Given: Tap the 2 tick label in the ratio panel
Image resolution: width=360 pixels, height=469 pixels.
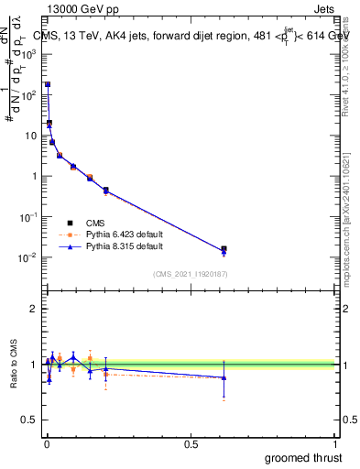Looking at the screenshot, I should pos(33,309).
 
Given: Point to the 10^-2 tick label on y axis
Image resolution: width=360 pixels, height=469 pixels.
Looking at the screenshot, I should pos(28,257).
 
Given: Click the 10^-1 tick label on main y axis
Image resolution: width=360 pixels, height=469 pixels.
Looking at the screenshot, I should pos(28,217).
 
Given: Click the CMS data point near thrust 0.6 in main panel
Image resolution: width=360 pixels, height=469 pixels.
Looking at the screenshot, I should pos(224,248).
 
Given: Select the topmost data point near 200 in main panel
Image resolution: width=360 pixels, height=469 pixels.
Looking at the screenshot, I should pos(48,84).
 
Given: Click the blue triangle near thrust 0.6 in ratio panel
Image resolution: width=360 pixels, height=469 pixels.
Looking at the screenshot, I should pos(224,377).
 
